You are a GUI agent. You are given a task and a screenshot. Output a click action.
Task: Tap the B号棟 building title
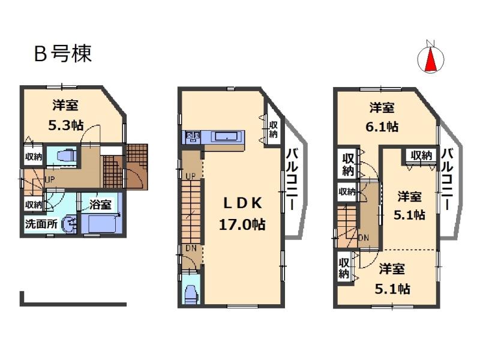point(62,54)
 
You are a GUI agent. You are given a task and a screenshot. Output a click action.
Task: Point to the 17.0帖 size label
point(242,224)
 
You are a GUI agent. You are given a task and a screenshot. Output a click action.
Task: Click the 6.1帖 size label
point(382,127)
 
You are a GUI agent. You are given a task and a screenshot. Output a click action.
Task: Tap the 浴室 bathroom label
point(101,205)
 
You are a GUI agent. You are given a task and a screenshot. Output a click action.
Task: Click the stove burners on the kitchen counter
point(193,136)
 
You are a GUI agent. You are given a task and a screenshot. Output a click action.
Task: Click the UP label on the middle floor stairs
point(190,176)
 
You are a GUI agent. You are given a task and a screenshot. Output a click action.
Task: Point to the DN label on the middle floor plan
point(190,248)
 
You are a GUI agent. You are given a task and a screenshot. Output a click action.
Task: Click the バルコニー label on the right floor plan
point(448,179)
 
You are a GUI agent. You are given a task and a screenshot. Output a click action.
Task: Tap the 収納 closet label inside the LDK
point(273,129)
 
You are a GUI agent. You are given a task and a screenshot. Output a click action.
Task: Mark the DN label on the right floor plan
point(364,238)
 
